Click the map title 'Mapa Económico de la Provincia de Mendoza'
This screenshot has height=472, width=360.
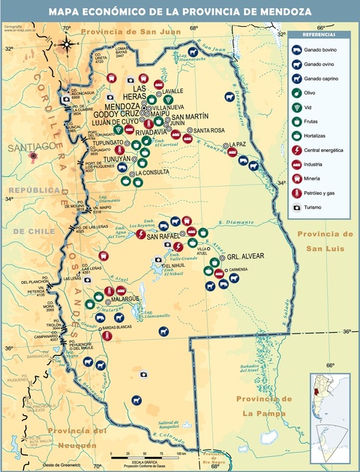pos(180,12)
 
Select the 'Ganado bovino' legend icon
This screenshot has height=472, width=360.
pos(298,49)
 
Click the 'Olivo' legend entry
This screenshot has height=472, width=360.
pos(308,92)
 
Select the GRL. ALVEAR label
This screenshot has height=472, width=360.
pos(246,256)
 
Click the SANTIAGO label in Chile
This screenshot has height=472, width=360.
pos(27,148)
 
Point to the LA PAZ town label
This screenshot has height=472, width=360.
pos(238,144)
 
